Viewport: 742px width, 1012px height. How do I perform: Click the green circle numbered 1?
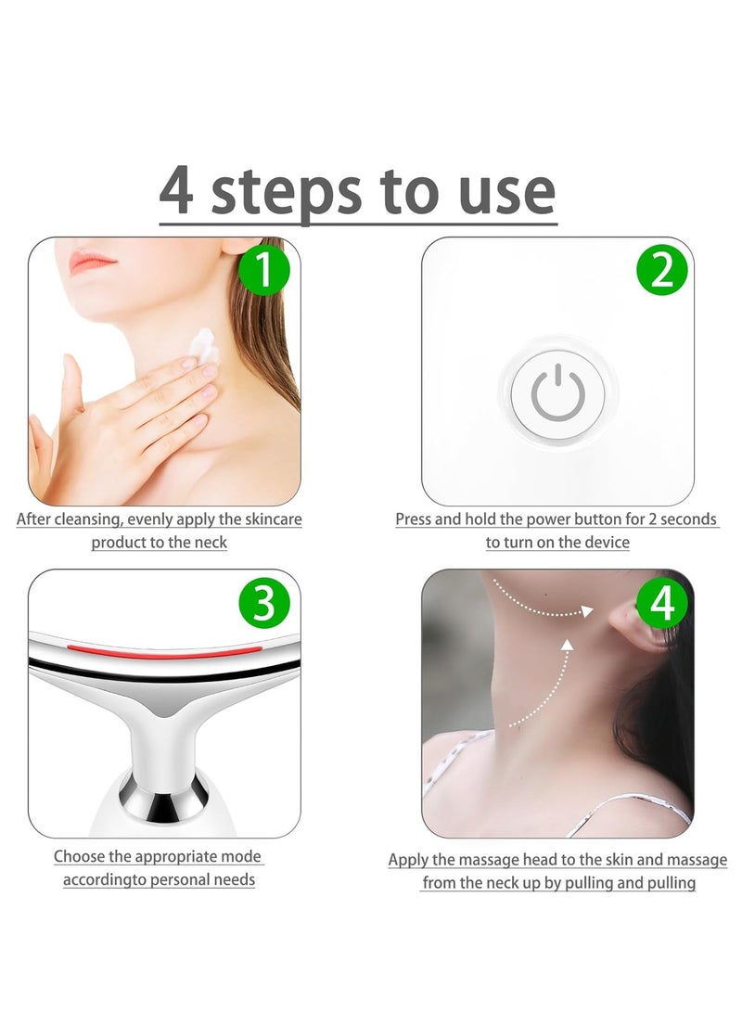click(x=264, y=271)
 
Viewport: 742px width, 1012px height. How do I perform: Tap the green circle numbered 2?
click(x=662, y=271)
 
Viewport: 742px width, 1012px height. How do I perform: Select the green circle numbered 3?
click(x=264, y=603)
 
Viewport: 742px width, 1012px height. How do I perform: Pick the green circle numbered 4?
click(x=662, y=603)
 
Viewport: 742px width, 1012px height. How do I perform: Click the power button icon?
click(x=557, y=390)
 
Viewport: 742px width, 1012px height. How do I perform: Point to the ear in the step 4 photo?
click(x=640, y=631)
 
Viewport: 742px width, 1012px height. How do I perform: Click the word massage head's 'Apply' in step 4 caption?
click(x=408, y=860)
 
